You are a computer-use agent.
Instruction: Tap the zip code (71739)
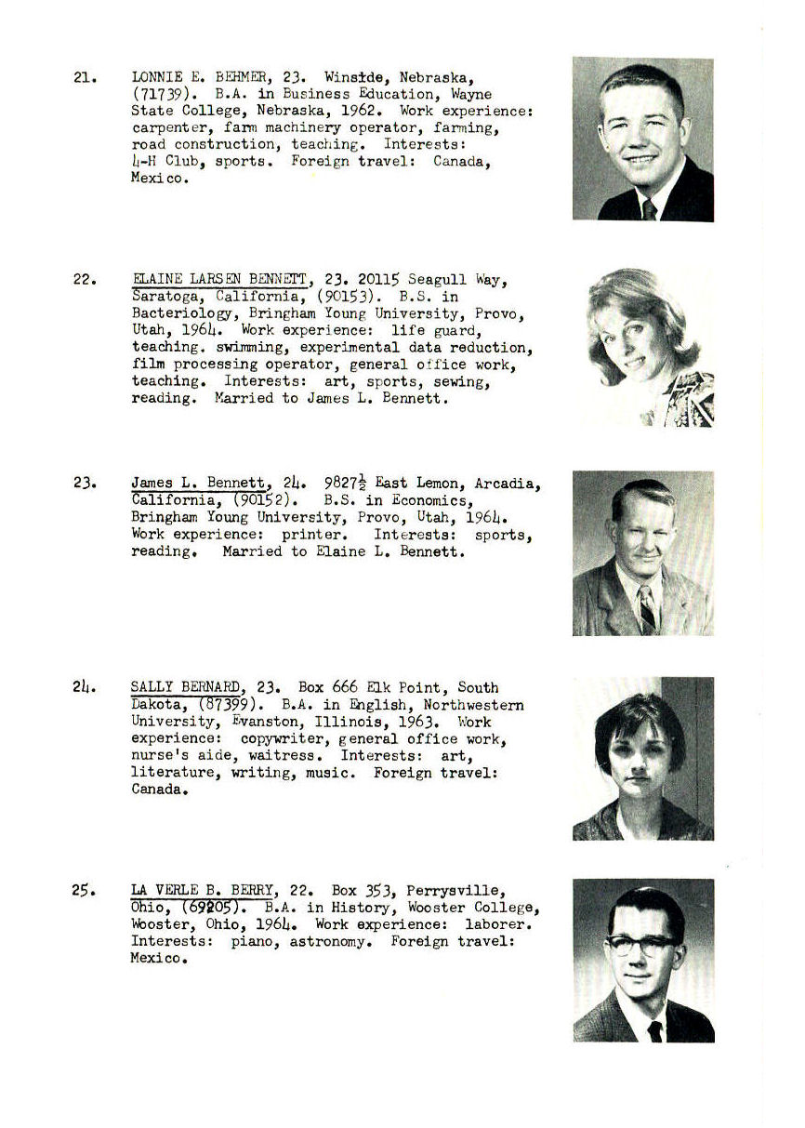tap(163, 94)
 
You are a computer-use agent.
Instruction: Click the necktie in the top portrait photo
tap(649, 208)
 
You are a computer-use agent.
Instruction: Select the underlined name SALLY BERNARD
tap(186, 688)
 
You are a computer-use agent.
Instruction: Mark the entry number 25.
tap(83, 891)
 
